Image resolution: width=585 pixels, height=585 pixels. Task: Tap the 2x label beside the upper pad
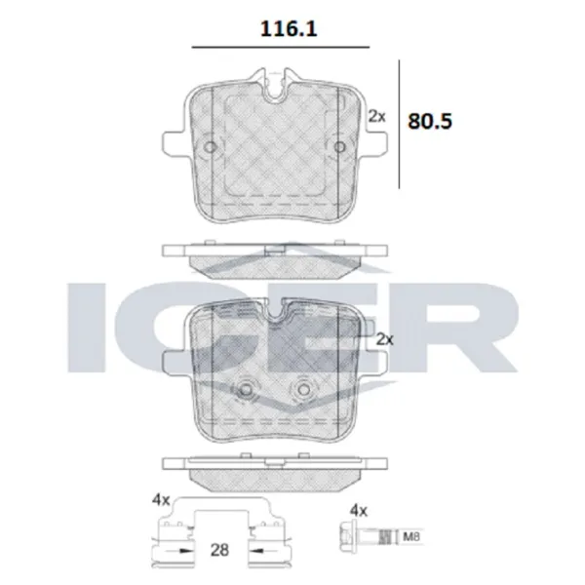pyautogui.click(x=377, y=116)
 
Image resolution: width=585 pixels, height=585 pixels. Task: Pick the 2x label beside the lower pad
pyautogui.click(x=383, y=339)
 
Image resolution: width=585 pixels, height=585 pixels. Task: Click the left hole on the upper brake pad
pyautogui.click(x=211, y=148)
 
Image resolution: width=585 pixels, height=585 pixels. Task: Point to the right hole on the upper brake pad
pyautogui.click(x=339, y=148)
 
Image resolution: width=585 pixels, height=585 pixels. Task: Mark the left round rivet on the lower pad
pyautogui.click(x=249, y=391)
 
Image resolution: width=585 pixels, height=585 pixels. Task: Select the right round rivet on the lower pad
pyautogui.click(x=302, y=391)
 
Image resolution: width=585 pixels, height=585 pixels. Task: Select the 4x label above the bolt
pyautogui.click(x=358, y=510)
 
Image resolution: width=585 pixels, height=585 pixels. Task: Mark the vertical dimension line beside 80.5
pyautogui.click(x=401, y=122)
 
